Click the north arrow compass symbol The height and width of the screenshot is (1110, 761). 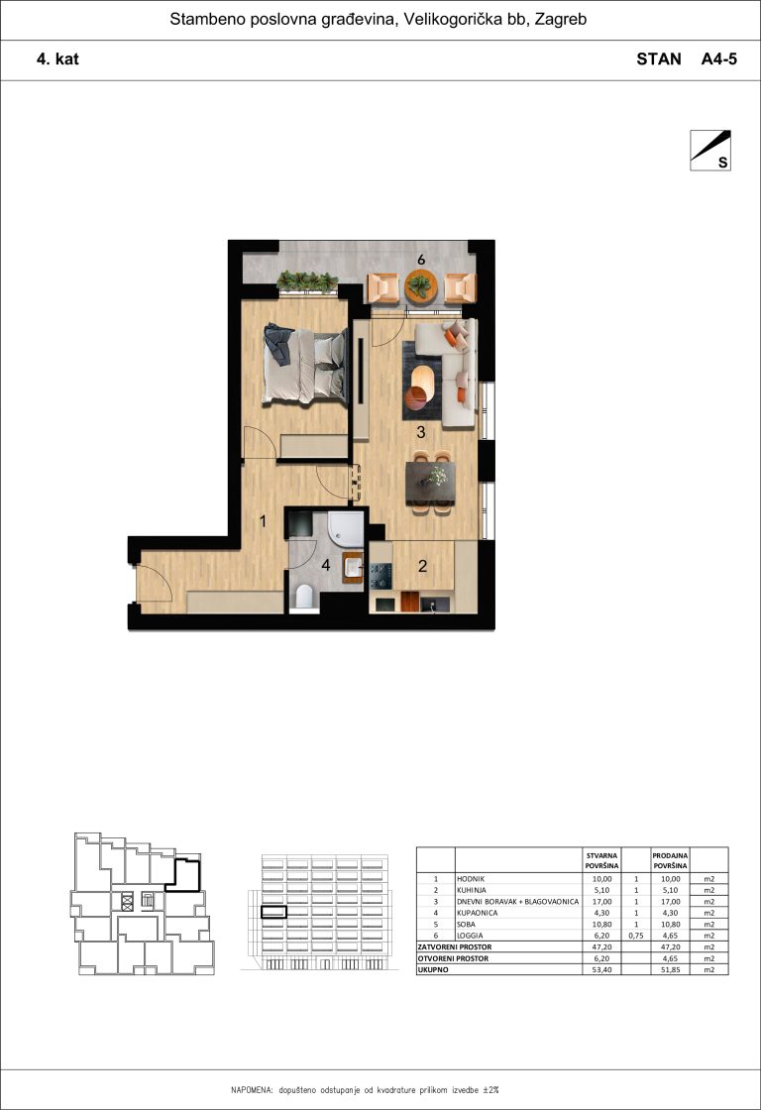[710, 150]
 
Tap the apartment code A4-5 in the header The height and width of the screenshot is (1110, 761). [718, 58]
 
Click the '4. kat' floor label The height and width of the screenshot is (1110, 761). [57, 58]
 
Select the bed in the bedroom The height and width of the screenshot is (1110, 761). [306, 365]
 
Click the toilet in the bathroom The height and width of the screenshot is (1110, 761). [303, 596]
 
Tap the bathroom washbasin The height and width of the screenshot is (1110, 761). [353, 568]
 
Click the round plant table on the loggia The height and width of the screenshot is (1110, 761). [421, 287]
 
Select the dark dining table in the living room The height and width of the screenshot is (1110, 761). [430, 483]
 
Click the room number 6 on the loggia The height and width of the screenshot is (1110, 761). [421, 260]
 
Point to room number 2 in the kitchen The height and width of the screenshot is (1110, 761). [423, 566]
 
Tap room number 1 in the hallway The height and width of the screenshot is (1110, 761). [263, 521]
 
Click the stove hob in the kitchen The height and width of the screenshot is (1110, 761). [380, 576]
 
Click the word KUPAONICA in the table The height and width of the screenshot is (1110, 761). [478, 913]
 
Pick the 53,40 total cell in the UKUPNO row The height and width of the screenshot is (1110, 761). [601, 970]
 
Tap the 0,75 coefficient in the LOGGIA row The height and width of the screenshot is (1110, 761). [636, 936]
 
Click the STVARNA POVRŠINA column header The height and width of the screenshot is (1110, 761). [601, 861]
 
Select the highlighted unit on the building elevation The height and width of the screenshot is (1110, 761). [273, 913]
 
